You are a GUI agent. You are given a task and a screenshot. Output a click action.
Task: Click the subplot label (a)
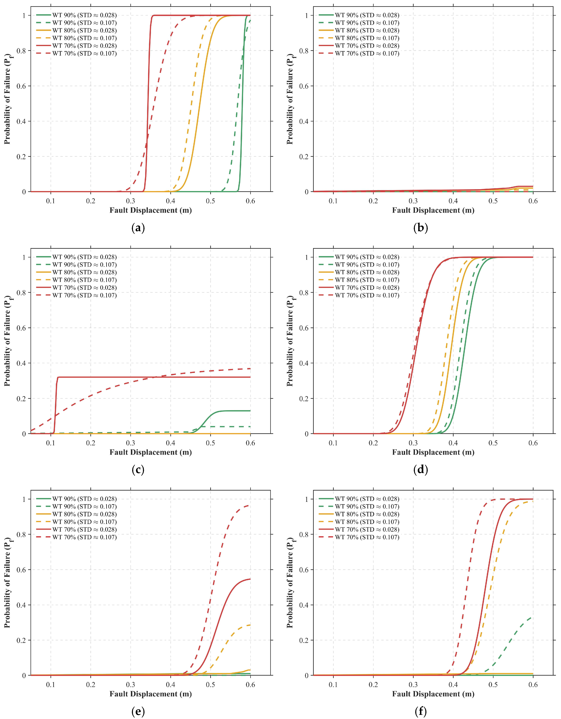(x=138, y=228)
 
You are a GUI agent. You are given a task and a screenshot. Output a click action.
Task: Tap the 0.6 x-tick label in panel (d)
(x=533, y=443)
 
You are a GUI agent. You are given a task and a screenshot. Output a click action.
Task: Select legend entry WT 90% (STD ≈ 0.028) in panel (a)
(x=76, y=15)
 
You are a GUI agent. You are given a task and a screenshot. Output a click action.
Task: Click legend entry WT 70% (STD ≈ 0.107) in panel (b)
(x=359, y=53)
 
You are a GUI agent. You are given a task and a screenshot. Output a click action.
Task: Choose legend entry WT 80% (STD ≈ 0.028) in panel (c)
(x=76, y=272)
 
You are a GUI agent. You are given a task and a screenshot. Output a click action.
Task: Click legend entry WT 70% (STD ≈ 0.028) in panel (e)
(x=76, y=529)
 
